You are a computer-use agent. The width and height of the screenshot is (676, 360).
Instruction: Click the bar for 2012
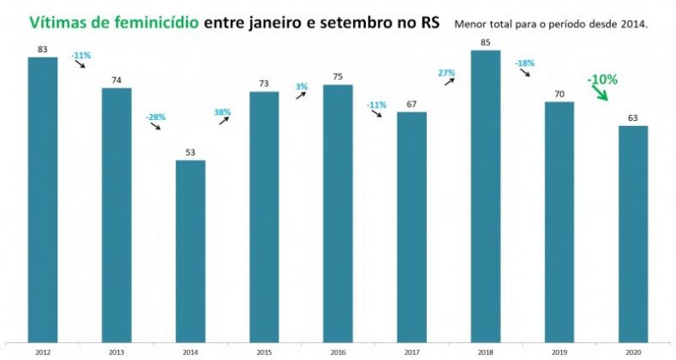(x=43, y=201)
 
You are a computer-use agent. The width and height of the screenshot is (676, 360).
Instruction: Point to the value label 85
(x=486, y=43)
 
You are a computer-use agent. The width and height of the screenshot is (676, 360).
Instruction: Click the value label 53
(x=190, y=153)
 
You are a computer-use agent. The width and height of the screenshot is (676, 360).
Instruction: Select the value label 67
(x=412, y=105)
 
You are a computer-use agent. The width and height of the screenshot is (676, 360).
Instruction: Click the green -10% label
(x=602, y=79)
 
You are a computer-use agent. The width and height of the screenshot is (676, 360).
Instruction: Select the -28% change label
(x=153, y=116)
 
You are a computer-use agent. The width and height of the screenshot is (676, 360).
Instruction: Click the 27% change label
(x=446, y=73)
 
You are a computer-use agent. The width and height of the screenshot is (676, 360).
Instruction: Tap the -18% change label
(x=524, y=63)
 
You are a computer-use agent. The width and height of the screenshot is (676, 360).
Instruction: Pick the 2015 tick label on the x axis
(x=265, y=352)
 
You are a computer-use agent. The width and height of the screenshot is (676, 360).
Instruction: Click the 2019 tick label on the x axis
(x=559, y=352)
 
